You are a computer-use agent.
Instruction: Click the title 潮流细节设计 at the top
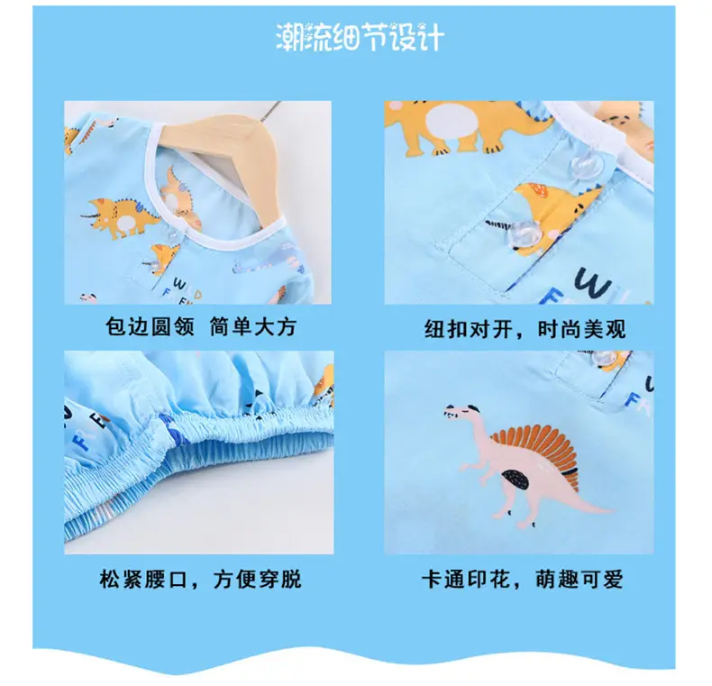(x=360, y=37)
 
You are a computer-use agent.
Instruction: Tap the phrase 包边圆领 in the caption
(x=150, y=326)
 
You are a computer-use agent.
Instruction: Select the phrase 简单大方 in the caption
(x=253, y=326)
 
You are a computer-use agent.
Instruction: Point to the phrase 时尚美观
(x=581, y=329)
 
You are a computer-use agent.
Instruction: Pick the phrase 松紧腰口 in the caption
(x=143, y=580)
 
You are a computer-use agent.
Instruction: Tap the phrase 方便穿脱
(x=258, y=580)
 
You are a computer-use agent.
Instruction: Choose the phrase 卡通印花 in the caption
(x=466, y=580)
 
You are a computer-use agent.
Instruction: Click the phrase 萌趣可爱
(x=579, y=580)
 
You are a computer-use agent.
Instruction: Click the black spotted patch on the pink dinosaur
(x=516, y=480)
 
